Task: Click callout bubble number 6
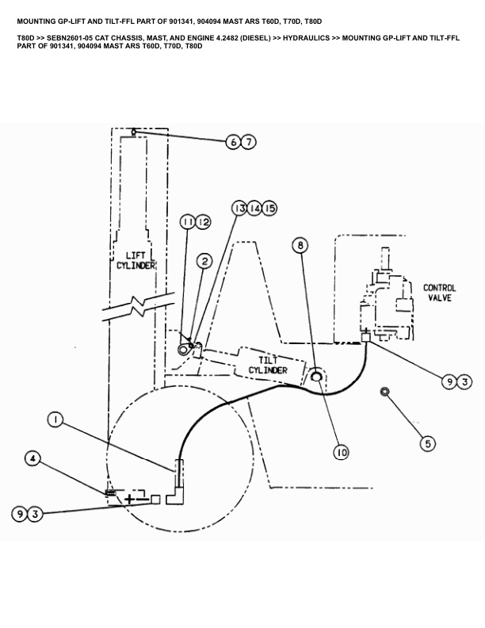tap(232, 143)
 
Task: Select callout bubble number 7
tap(249, 143)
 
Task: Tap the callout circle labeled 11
tap(187, 222)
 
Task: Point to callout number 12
tap(203, 222)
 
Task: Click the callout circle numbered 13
tap(239, 208)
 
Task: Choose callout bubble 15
tap(270, 208)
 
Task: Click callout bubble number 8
tap(300, 246)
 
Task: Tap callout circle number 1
tap(55, 419)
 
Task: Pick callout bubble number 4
tap(32, 458)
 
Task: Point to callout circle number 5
tap(427, 444)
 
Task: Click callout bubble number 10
tap(341, 452)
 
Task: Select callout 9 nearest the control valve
tap(449, 382)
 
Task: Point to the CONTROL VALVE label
tap(439, 293)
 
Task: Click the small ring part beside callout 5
tap(384, 391)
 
